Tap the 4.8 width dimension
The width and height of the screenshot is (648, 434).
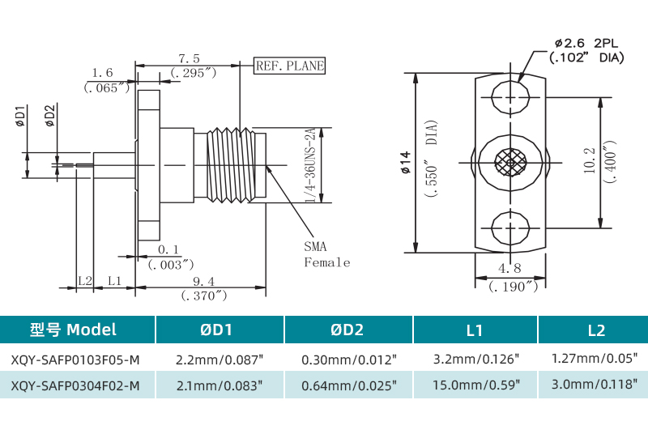509,269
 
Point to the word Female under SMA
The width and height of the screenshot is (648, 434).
327,262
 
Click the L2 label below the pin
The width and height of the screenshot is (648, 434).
84,281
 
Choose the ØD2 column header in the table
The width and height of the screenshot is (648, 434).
347,330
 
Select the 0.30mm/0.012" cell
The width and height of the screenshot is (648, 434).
348,359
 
